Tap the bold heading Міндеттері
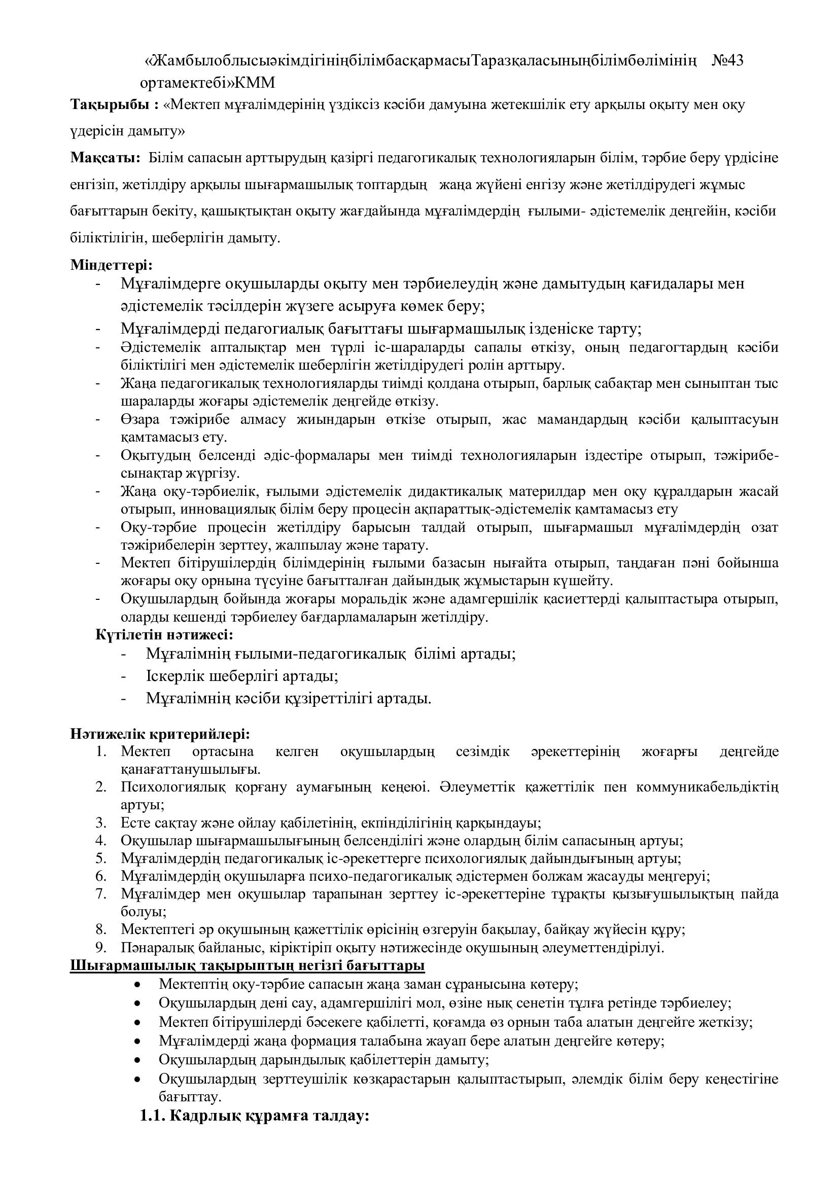point(111,265)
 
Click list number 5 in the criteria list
point(101,858)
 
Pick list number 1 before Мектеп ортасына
point(101,751)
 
